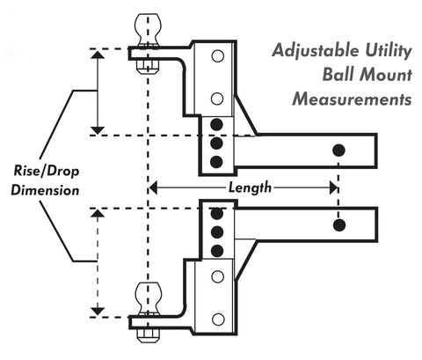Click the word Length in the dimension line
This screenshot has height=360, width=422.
pyautogui.click(x=250, y=187)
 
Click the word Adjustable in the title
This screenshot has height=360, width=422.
pyautogui.click(x=316, y=50)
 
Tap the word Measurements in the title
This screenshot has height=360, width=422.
pyautogui.click(x=352, y=99)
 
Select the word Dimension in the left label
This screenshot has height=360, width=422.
pyautogui.click(x=45, y=190)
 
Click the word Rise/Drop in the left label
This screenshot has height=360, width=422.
pyautogui.click(x=47, y=171)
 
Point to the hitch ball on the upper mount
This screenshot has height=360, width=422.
pyautogui.click(x=148, y=29)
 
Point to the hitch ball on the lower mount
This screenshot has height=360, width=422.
pyautogui.click(x=148, y=299)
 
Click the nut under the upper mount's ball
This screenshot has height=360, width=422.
pyautogui.click(x=148, y=67)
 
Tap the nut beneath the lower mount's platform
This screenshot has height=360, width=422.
pyautogui.click(x=149, y=335)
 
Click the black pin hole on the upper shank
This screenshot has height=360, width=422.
pyautogui.click(x=338, y=151)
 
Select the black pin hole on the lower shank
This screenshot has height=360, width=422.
pyautogui.click(x=339, y=225)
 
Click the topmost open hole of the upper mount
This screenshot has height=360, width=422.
pyautogui.click(x=217, y=55)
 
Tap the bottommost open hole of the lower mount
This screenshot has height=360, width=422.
pyautogui.click(x=218, y=320)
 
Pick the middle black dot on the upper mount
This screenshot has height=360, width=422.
pyautogui.click(x=216, y=143)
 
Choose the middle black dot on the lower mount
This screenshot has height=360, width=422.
pyautogui.click(x=217, y=232)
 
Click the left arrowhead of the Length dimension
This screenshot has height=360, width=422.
pyautogui.click(x=153, y=187)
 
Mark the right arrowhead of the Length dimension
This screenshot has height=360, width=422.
pyautogui.click(x=333, y=187)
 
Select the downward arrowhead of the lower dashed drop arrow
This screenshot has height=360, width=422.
pyautogui.click(x=98, y=311)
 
